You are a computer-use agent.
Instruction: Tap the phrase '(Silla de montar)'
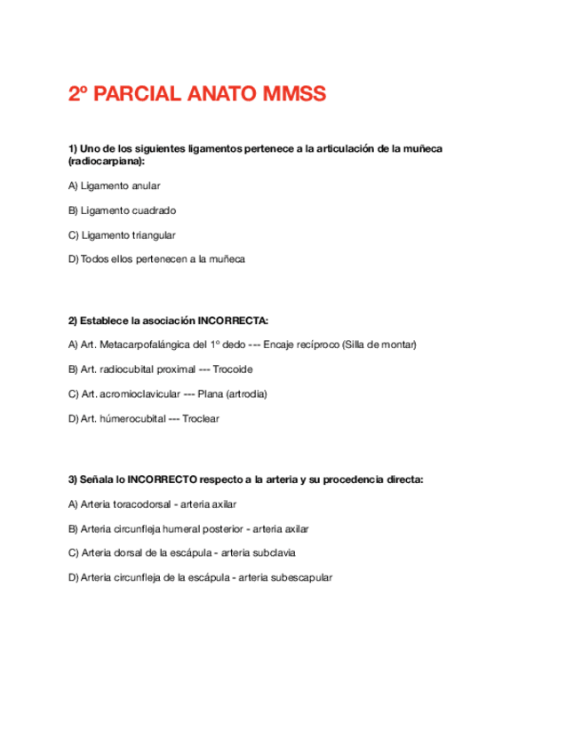tap(372, 345)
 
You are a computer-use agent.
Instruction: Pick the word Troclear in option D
tap(200, 418)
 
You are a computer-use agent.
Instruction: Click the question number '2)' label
tap(73, 321)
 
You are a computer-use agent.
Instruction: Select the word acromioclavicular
tap(139, 393)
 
